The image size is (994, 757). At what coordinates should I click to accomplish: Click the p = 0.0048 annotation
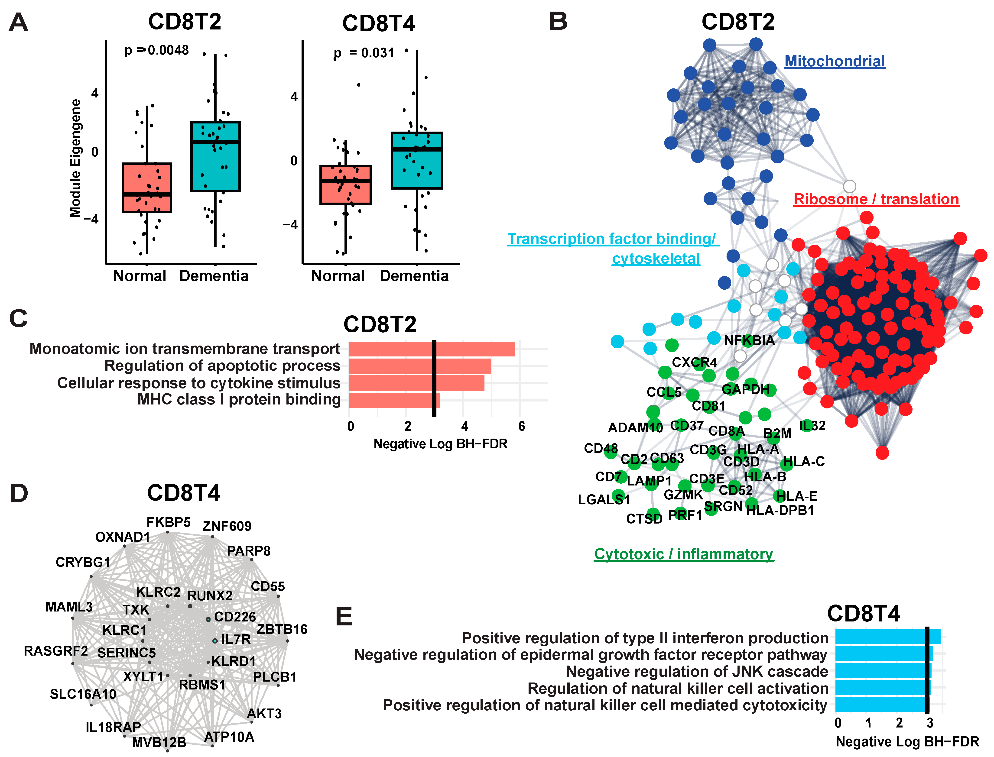156,50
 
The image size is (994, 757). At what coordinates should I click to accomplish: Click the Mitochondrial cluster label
835,61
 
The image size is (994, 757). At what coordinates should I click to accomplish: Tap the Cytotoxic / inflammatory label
683,554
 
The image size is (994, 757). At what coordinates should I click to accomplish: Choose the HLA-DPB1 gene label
780,511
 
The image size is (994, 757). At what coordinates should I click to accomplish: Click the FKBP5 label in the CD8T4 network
169,522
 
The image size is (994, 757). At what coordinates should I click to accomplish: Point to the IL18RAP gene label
113,727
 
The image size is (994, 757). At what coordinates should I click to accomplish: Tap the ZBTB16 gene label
282,629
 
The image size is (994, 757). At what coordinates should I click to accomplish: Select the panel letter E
344,617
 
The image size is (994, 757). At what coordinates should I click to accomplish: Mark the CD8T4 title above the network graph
183,493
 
